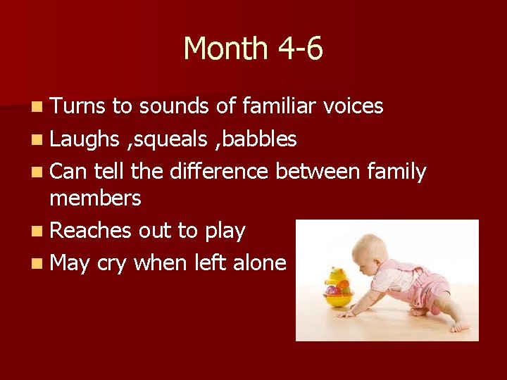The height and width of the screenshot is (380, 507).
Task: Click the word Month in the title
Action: click(x=225, y=49)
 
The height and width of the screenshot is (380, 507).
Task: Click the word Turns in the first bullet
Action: click(x=77, y=106)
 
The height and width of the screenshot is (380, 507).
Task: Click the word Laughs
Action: click(x=85, y=139)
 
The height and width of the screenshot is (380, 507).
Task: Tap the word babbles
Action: click(x=261, y=139)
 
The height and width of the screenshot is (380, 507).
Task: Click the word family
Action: click(x=396, y=172)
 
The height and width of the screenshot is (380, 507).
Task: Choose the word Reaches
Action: click(x=92, y=231)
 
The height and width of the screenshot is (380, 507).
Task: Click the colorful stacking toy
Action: click(x=338, y=286)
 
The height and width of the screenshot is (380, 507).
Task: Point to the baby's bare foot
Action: click(x=460, y=327)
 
